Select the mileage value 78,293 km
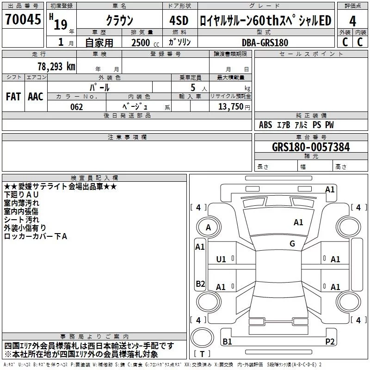tap(56, 66)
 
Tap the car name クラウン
tap(120, 20)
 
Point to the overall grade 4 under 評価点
tap(352, 21)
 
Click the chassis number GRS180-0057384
tap(311, 147)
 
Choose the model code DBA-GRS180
tap(265, 43)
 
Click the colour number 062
tap(76, 107)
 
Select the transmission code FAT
tap(13, 96)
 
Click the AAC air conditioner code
tap(36, 96)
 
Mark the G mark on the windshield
tap(292, 244)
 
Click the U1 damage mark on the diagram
tap(221, 259)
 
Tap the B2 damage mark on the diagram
tap(200, 284)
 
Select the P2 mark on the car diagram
tap(330, 341)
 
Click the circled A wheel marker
tap(208, 228)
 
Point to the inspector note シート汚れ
tap(22, 220)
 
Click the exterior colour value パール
tap(100, 87)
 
